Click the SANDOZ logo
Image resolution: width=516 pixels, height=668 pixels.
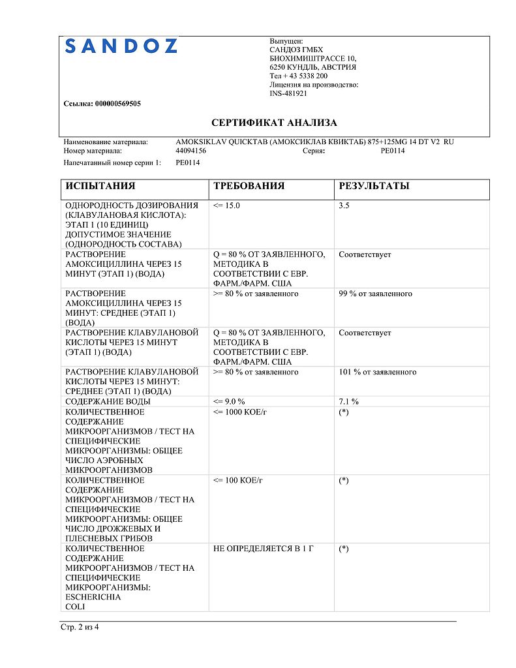(x=121, y=46)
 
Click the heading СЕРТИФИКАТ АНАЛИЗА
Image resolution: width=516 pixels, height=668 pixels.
(x=274, y=123)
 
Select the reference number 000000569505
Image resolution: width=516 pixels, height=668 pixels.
(x=118, y=104)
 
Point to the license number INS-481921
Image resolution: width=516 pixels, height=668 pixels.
(x=288, y=94)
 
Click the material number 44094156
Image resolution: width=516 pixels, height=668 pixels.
(x=191, y=151)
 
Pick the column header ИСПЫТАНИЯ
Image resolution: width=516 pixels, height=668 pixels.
(x=100, y=186)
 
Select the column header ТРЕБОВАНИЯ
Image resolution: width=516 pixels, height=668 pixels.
(x=249, y=186)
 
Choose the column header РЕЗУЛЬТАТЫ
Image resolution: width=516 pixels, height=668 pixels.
(x=374, y=186)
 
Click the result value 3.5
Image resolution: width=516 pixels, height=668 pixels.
(x=344, y=205)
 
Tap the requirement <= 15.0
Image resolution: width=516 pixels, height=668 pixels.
(x=226, y=205)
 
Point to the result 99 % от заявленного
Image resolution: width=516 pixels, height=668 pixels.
(x=375, y=294)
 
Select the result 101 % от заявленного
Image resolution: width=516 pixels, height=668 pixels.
(x=377, y=372)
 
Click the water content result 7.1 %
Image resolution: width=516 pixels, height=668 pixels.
(x=348, y=402)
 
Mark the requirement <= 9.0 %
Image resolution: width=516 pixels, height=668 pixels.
(x=229, y=402)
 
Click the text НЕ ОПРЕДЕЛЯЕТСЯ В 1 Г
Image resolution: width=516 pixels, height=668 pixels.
(x=264, y=549)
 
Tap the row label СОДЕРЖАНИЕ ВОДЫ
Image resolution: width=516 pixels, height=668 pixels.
(x=108, y=402)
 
